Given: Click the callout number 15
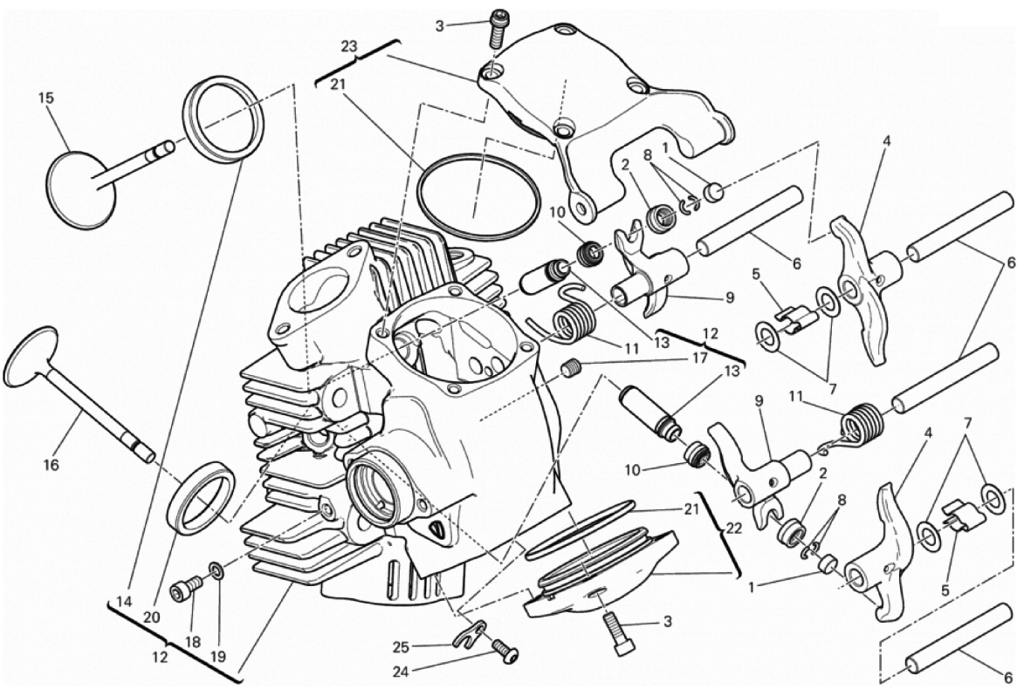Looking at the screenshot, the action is [x=45, y=99].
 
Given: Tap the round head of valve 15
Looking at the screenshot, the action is [x=82, y=190].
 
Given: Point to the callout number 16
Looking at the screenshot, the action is [x=52, y=464].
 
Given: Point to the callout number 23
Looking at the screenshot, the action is [x=349, y=46].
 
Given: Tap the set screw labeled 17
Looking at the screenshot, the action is [x=572, y=368].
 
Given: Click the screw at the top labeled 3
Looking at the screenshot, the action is [x=498, y=27].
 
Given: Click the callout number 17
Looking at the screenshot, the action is [x=699, y=358].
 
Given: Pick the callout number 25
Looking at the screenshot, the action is [x=401, y=648].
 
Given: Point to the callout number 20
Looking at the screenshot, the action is [x=152, y=618].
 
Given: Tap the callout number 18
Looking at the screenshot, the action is [x=192, y=642].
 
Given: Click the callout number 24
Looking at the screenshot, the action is [x=401, y=672].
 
